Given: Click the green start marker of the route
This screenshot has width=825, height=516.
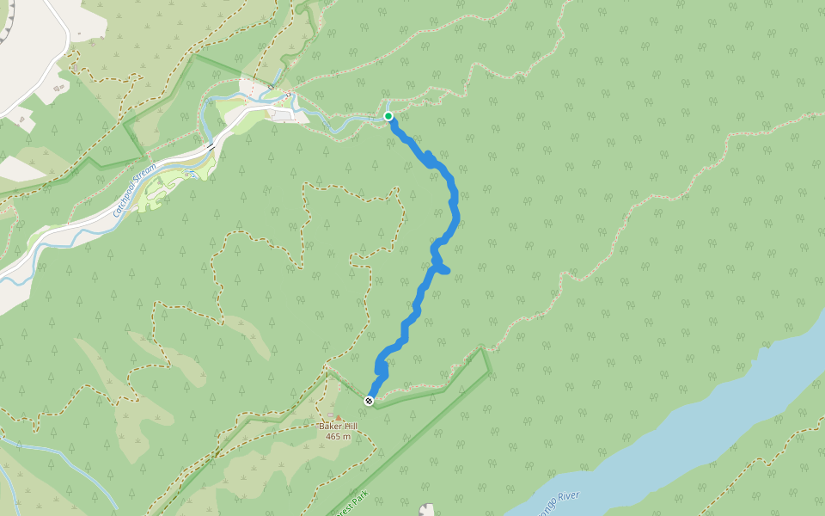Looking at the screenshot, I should [x=388, y=116].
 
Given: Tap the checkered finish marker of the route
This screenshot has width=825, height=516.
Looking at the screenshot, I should [x=369, y=401].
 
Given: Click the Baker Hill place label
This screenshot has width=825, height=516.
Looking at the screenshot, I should [x=338, y=427].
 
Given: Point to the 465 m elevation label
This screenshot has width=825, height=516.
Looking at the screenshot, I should [x=339, y=437].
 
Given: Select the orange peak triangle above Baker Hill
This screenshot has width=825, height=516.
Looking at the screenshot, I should [x=338, y=418].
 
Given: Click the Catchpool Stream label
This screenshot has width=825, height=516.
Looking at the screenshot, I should [x=136, y=188].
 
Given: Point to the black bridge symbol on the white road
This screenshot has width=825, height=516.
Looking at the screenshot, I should [x=210, y=148].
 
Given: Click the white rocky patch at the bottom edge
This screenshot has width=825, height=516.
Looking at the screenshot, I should [x=427, y=510].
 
